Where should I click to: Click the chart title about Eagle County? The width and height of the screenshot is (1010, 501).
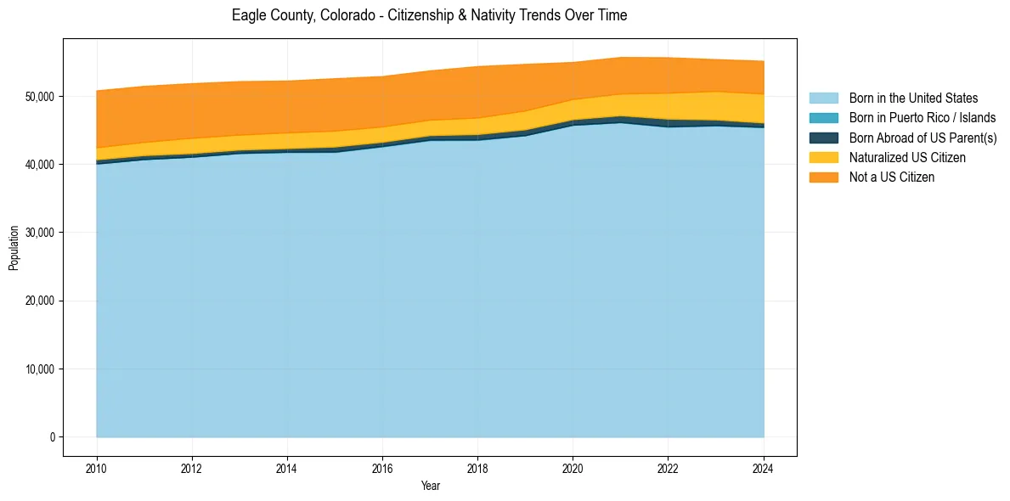(x=429, y=15)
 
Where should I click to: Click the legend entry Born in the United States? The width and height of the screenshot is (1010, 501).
(x=913, y=99)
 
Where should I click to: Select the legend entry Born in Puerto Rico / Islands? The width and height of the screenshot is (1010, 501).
(x=922, y=118)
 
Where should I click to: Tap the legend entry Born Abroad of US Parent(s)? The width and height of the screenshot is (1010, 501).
(x=923, y=138)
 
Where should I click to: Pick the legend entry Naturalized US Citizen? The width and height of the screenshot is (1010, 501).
(x=907, y=157)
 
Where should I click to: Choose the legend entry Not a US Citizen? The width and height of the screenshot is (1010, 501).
(x=891, y=177)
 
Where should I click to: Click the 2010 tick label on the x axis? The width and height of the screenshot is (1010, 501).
(x=97, y=468)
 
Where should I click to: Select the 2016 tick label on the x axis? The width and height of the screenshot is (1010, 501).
(x=382, y=468)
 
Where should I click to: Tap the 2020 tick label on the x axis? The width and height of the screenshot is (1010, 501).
(x=573, y=468)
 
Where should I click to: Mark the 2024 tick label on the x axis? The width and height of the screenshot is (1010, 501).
(x=764, y=468)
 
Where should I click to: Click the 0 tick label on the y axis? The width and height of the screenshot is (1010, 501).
(x=52, y=437)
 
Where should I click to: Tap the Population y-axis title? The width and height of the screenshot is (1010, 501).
(x=14, y=248)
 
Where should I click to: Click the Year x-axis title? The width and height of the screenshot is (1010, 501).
(x=430, y=486)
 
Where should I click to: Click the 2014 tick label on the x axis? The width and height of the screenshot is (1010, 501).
(x=287, y=468)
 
